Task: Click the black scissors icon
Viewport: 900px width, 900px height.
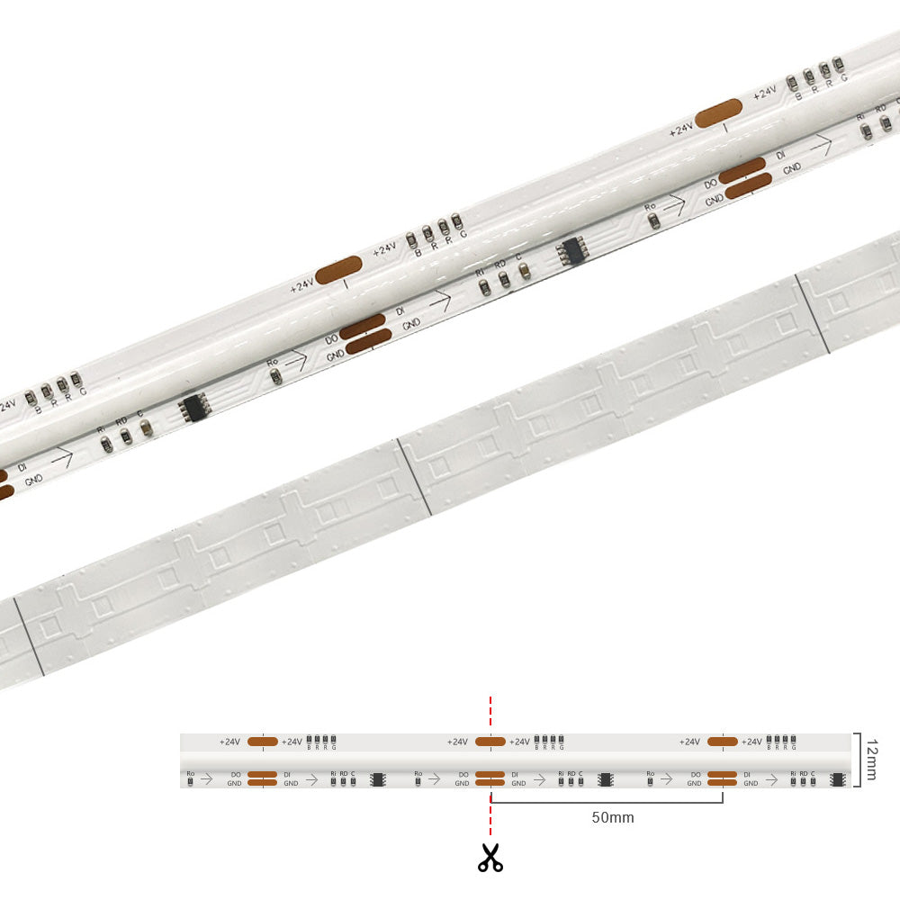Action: click(490, 858)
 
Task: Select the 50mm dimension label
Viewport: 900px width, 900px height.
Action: click(612, 817)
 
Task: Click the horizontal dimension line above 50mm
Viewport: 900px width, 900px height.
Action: click(607, 802)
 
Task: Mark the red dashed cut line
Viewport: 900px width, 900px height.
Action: click(490, 711)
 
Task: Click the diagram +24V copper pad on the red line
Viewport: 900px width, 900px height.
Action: click(490, 742)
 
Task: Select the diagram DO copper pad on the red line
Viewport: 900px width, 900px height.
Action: click(490, 774)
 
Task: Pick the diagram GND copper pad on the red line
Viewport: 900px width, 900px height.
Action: click(490, 783)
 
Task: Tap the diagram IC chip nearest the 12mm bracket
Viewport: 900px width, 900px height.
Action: click(836, 778)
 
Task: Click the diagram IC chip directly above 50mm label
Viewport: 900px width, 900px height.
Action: click(606, 778)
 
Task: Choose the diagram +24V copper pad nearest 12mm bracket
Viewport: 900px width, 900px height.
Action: click(723, 742)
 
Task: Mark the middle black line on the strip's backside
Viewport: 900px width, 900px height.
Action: click(413, 478)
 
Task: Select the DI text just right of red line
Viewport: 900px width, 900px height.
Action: click(515, 774)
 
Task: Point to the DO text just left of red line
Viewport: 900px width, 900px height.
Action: click(463, 774)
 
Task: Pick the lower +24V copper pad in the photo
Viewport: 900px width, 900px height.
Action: click(338, 271)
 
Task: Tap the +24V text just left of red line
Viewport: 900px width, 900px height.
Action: click(457, 742)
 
